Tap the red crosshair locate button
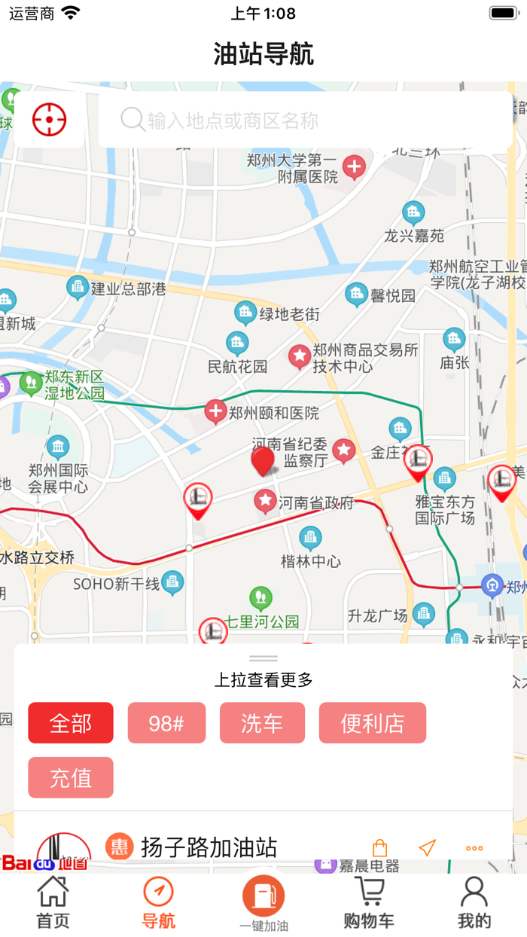[50, 120]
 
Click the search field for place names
[305, 120]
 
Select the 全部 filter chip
[71, 723]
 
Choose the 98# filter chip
[166, 723]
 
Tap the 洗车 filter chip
[262, 723]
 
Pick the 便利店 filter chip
[373, 723]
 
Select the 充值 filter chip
[71, 777]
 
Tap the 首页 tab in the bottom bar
[53, 902]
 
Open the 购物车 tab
[369, 902]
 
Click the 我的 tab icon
[474, 893]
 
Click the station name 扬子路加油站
[209, 847]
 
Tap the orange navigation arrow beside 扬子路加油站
[427, 848]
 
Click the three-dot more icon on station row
[474, 848]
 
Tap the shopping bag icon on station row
[380, 848]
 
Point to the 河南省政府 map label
[315, 502]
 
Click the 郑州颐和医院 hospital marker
[216, 412]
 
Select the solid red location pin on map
[263, 460]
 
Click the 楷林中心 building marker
[310, 538]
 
